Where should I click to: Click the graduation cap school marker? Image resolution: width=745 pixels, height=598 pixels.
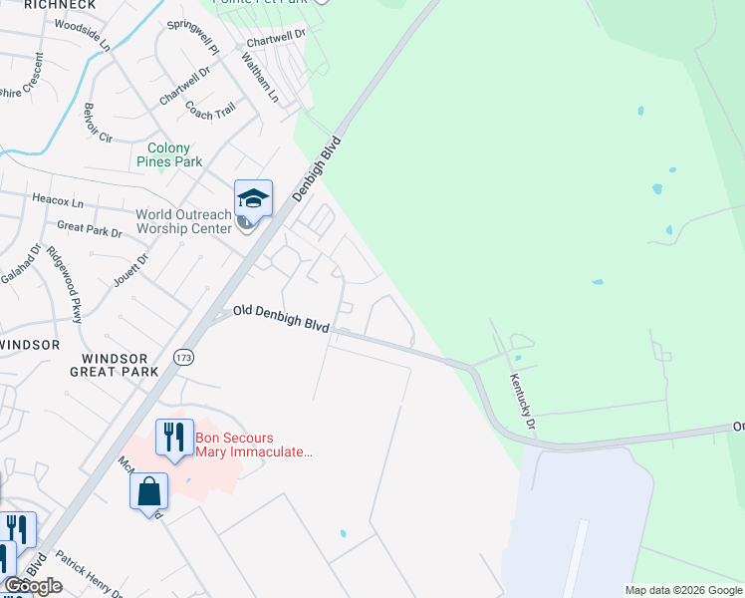click(x=253, y=199)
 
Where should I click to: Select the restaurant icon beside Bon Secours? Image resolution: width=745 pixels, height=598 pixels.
click(x=174, y=438)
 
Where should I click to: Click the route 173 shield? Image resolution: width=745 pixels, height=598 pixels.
click(x=182, y=356)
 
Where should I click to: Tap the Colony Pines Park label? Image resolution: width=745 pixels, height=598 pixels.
click(x=168, y=154)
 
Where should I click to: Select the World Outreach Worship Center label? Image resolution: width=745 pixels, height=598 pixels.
click(x=183, y=222)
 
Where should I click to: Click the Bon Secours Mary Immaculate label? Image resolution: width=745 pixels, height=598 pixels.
click(x=254, y=445)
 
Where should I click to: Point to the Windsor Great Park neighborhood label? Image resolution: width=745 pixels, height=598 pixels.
click(x=115, y=365)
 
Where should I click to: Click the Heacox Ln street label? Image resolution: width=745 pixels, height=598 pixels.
click(x=58, y=201)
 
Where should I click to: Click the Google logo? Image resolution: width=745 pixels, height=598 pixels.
click(x=33, y=586)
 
